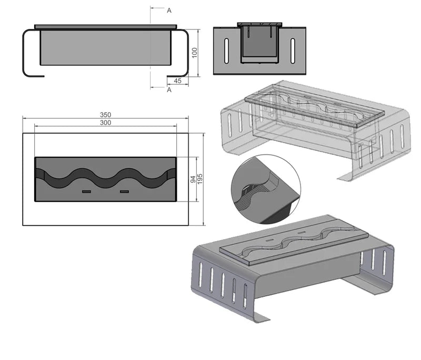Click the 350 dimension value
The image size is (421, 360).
click(x=106, y=115)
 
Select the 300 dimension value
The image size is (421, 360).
click(x=106, y=123)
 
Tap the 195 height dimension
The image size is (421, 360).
click(x=200, y=179)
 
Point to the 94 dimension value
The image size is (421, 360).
click(x=193, y=179)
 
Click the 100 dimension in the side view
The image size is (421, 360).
click(x=195, y=53)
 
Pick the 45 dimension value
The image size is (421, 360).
click(x=178, y=81)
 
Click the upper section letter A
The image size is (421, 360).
click(x=169, y=11)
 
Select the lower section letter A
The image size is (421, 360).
click(x=169, y=89)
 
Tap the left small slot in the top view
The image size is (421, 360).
click(x=86, y=192)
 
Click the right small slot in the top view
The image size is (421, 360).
click(x=124, y=192)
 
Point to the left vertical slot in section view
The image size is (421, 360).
click(x=227, y=51)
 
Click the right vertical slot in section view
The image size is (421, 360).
click(x=293, y=51)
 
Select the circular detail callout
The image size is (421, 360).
click(x=266, y=189)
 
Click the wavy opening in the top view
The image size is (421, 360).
click(x=106, y=178)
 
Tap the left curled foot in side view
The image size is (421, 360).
click(x=32, y=53)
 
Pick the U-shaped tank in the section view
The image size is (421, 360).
click(x=259, y=44)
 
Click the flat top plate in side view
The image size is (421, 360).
click(x=106, y=26)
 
